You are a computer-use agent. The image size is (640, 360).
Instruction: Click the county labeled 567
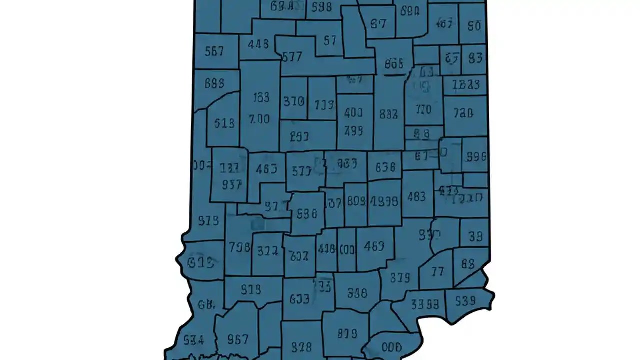click(x=214, y=51)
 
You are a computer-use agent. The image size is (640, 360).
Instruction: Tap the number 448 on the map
click(x=258, y=44)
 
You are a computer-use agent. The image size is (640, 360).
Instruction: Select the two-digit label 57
click(x=330, y=40)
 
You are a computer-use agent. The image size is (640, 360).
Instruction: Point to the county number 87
click(x=379, y=24)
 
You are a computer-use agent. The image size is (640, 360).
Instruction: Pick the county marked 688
click(x=214, y=83)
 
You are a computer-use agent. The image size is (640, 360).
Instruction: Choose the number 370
click(x=294, y=101)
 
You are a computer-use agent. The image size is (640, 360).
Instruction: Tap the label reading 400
click(x=353, y=113)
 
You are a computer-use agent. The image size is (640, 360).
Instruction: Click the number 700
click(x=259, y=119)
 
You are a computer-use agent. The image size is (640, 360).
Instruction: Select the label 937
click(x=232, y=184)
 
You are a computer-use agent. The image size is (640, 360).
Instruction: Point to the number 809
click(x=356, y=201)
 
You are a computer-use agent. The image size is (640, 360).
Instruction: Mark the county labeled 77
click(x=437, y=271)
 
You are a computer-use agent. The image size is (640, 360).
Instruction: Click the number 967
click(x=238, y=339)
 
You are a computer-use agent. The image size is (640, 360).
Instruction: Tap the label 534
click(x=193, y=340)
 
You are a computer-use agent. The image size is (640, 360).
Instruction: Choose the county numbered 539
click(x=465, y=301)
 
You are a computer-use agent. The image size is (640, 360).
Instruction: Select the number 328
click(x=301, y=346)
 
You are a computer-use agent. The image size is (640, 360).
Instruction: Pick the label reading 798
click(x=239, y=247)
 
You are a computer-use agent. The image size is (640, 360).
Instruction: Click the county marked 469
click(x=374, y=246)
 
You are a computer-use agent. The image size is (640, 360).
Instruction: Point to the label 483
click(x=416, y=196)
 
